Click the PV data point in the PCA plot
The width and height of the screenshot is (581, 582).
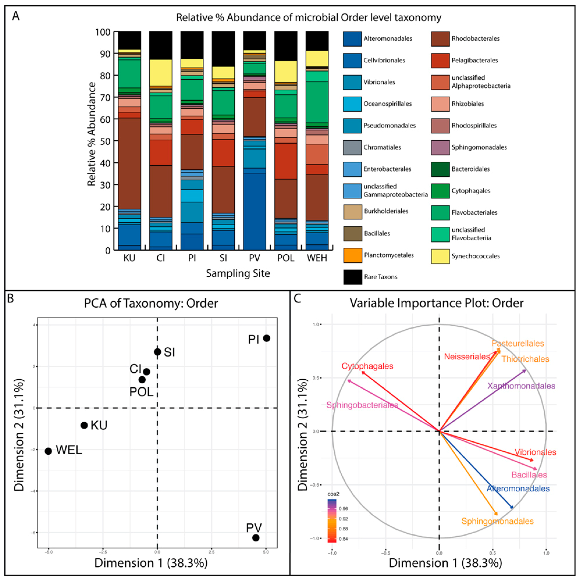coord(256,538)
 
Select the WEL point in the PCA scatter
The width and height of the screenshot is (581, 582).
coord(48,451)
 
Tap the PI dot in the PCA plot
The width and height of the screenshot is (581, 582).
coord(266,338)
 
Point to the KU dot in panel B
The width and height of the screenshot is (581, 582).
coord(84,425)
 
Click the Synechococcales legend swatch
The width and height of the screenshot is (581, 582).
coord(440,256)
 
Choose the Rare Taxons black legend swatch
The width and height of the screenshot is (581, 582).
coord(353,277)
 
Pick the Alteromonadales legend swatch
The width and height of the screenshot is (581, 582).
coord(352,39)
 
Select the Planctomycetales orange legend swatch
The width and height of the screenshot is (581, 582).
coord(353,255)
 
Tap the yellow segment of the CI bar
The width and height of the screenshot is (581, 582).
coord(161,72)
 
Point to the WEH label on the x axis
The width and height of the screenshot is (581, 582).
coord(317,258)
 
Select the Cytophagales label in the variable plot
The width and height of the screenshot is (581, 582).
coord(367,366)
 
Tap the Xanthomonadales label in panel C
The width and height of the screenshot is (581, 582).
coord(521,386)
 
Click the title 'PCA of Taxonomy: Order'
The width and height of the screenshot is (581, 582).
coord(151,303)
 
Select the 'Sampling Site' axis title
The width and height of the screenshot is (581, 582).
coord(238,273)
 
